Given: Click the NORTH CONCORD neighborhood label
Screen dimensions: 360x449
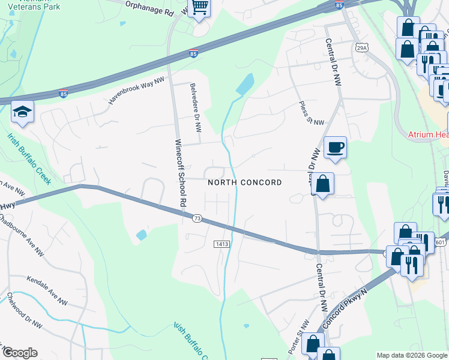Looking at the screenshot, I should [x=244, y=182].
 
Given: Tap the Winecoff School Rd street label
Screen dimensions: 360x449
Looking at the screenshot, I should [x=178, y=174].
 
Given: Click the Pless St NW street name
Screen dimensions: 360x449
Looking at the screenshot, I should [x=312, y=113].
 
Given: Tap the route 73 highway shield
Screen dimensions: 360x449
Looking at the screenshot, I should [x=197, y=219].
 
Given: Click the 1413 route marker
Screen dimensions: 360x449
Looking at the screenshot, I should [x=220, y=244].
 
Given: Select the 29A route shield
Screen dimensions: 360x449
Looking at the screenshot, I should [x=361, y=48].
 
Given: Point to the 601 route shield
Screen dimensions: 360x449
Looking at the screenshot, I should [x=441, y=242].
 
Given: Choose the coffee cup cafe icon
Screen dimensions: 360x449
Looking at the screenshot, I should [x=335, y=146].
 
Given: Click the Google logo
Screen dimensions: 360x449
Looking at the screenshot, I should [x=19, y=353].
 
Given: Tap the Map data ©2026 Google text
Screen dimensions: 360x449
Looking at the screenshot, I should [x=412, y=355].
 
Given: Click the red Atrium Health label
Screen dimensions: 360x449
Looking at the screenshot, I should [x=429, y=136].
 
